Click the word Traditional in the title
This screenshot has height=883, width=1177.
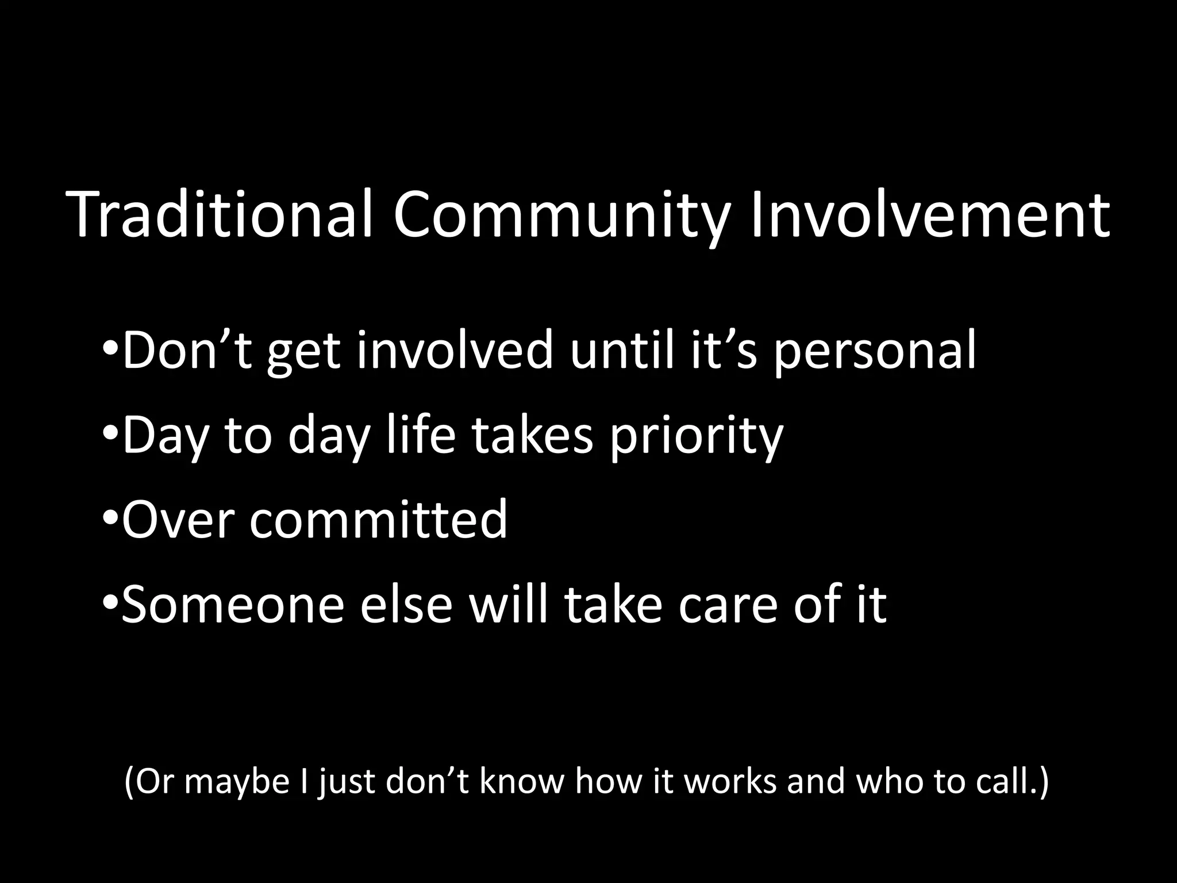221,216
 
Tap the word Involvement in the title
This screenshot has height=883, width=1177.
930,216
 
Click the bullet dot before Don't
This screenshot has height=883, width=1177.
111,349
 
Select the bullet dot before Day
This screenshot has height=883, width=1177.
111,434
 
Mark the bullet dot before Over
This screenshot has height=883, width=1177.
111,519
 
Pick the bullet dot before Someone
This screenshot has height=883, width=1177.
111,604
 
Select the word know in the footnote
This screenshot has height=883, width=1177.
521,782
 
